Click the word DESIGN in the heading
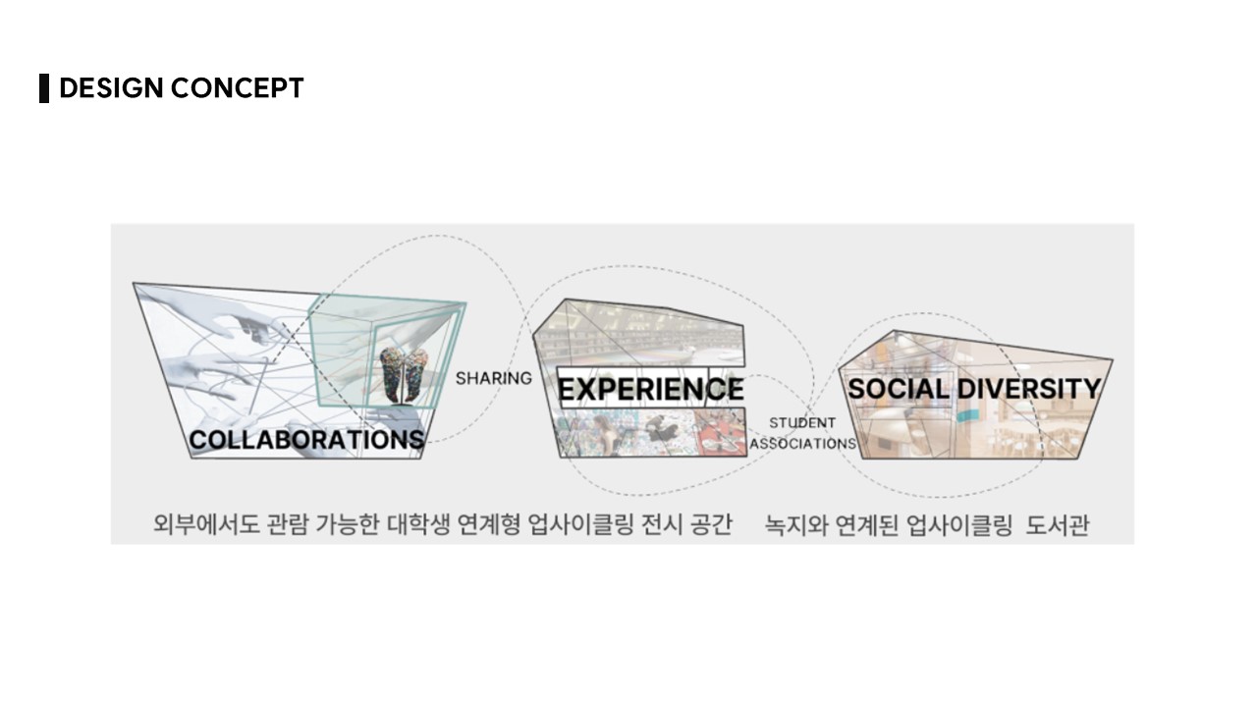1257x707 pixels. (111, 88)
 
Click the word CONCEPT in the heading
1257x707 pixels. (237, 88)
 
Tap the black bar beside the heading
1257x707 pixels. (44, 88)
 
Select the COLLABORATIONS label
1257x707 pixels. (306, 439)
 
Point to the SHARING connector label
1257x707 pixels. (494, 379)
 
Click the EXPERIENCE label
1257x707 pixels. (650, 390)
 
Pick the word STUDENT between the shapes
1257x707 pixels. (802, 422)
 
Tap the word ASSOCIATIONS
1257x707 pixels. (803, 443)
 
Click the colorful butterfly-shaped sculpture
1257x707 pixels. (404, 375)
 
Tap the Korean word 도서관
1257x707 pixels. (1058, 525)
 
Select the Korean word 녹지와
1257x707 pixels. (796, 525)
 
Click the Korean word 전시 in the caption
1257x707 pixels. (663, 524)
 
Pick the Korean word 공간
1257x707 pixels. (711, 524)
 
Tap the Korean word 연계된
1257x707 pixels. (867, 525)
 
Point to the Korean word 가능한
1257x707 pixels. (348, 524)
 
